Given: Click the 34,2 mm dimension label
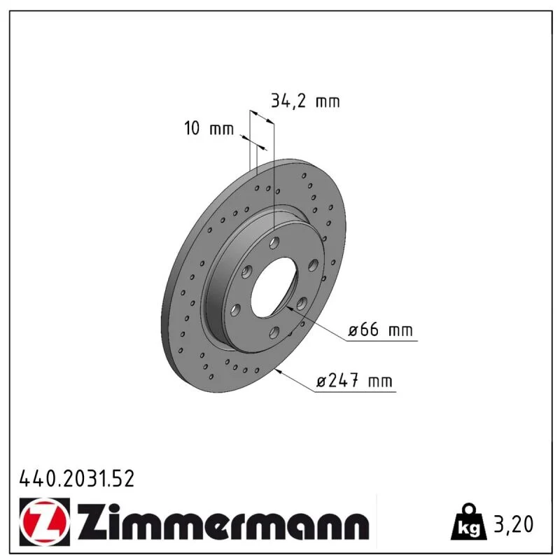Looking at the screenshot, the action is click(x=305, y=101).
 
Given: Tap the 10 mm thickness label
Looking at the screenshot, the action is click(x=209, y=128).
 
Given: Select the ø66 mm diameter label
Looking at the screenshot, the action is click(x=380, y=330).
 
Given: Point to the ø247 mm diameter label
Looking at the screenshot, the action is click(x=354, y=380).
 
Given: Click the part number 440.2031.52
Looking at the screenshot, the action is click(x=77, y=479).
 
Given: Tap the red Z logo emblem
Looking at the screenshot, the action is click(x=45, y=521).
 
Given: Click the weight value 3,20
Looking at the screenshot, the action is click(x=513, y=524).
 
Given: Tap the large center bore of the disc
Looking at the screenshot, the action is click(x=274, y=287).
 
